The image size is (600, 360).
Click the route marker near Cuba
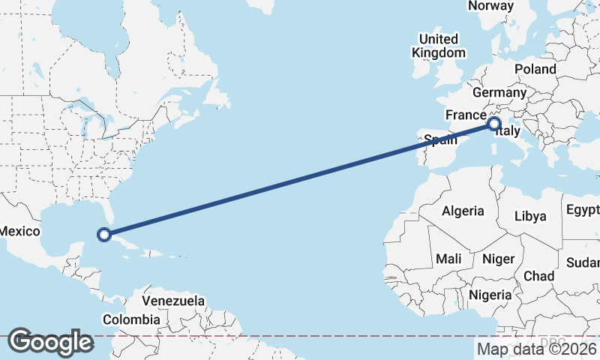tap(105, 235)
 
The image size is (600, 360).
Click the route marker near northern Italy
tap(494, 124)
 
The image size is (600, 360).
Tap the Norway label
tap(490, 6)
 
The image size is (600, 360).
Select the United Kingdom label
tap(439, 46)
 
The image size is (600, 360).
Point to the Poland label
tap(535, 69)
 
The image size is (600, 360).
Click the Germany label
tap(499, 92)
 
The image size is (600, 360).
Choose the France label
tap(466, 115)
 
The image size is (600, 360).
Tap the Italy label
tap(508, 133)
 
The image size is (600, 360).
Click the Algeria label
tap(463, 211)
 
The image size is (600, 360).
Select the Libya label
tap(530, 216)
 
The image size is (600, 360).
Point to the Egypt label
tap(583, 208)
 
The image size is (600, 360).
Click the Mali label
tap(448, 259)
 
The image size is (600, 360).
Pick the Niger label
tap(498, 259)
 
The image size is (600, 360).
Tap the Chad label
tap(538, 276)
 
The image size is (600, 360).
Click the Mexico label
tap(18, 231)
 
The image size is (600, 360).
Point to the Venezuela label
tap(173, 301)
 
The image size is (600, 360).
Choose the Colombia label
tap(131, 319)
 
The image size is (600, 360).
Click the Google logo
tap(50, 342)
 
